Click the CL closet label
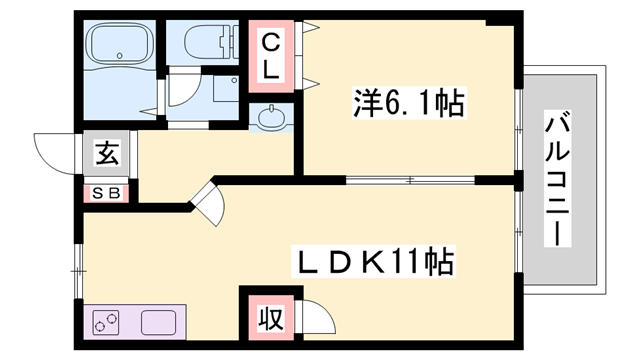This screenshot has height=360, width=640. point(271,55)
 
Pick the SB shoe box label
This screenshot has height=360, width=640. point(106,193)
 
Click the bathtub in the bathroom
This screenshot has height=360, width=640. point(118,44)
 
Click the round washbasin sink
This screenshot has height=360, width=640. point(272,119)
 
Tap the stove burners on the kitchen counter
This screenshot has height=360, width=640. point(106,324)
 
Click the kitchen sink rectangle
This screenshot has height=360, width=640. point(160,324)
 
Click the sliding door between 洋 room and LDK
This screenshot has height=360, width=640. point(410,181)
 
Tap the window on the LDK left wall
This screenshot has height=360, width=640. point(78,268)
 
